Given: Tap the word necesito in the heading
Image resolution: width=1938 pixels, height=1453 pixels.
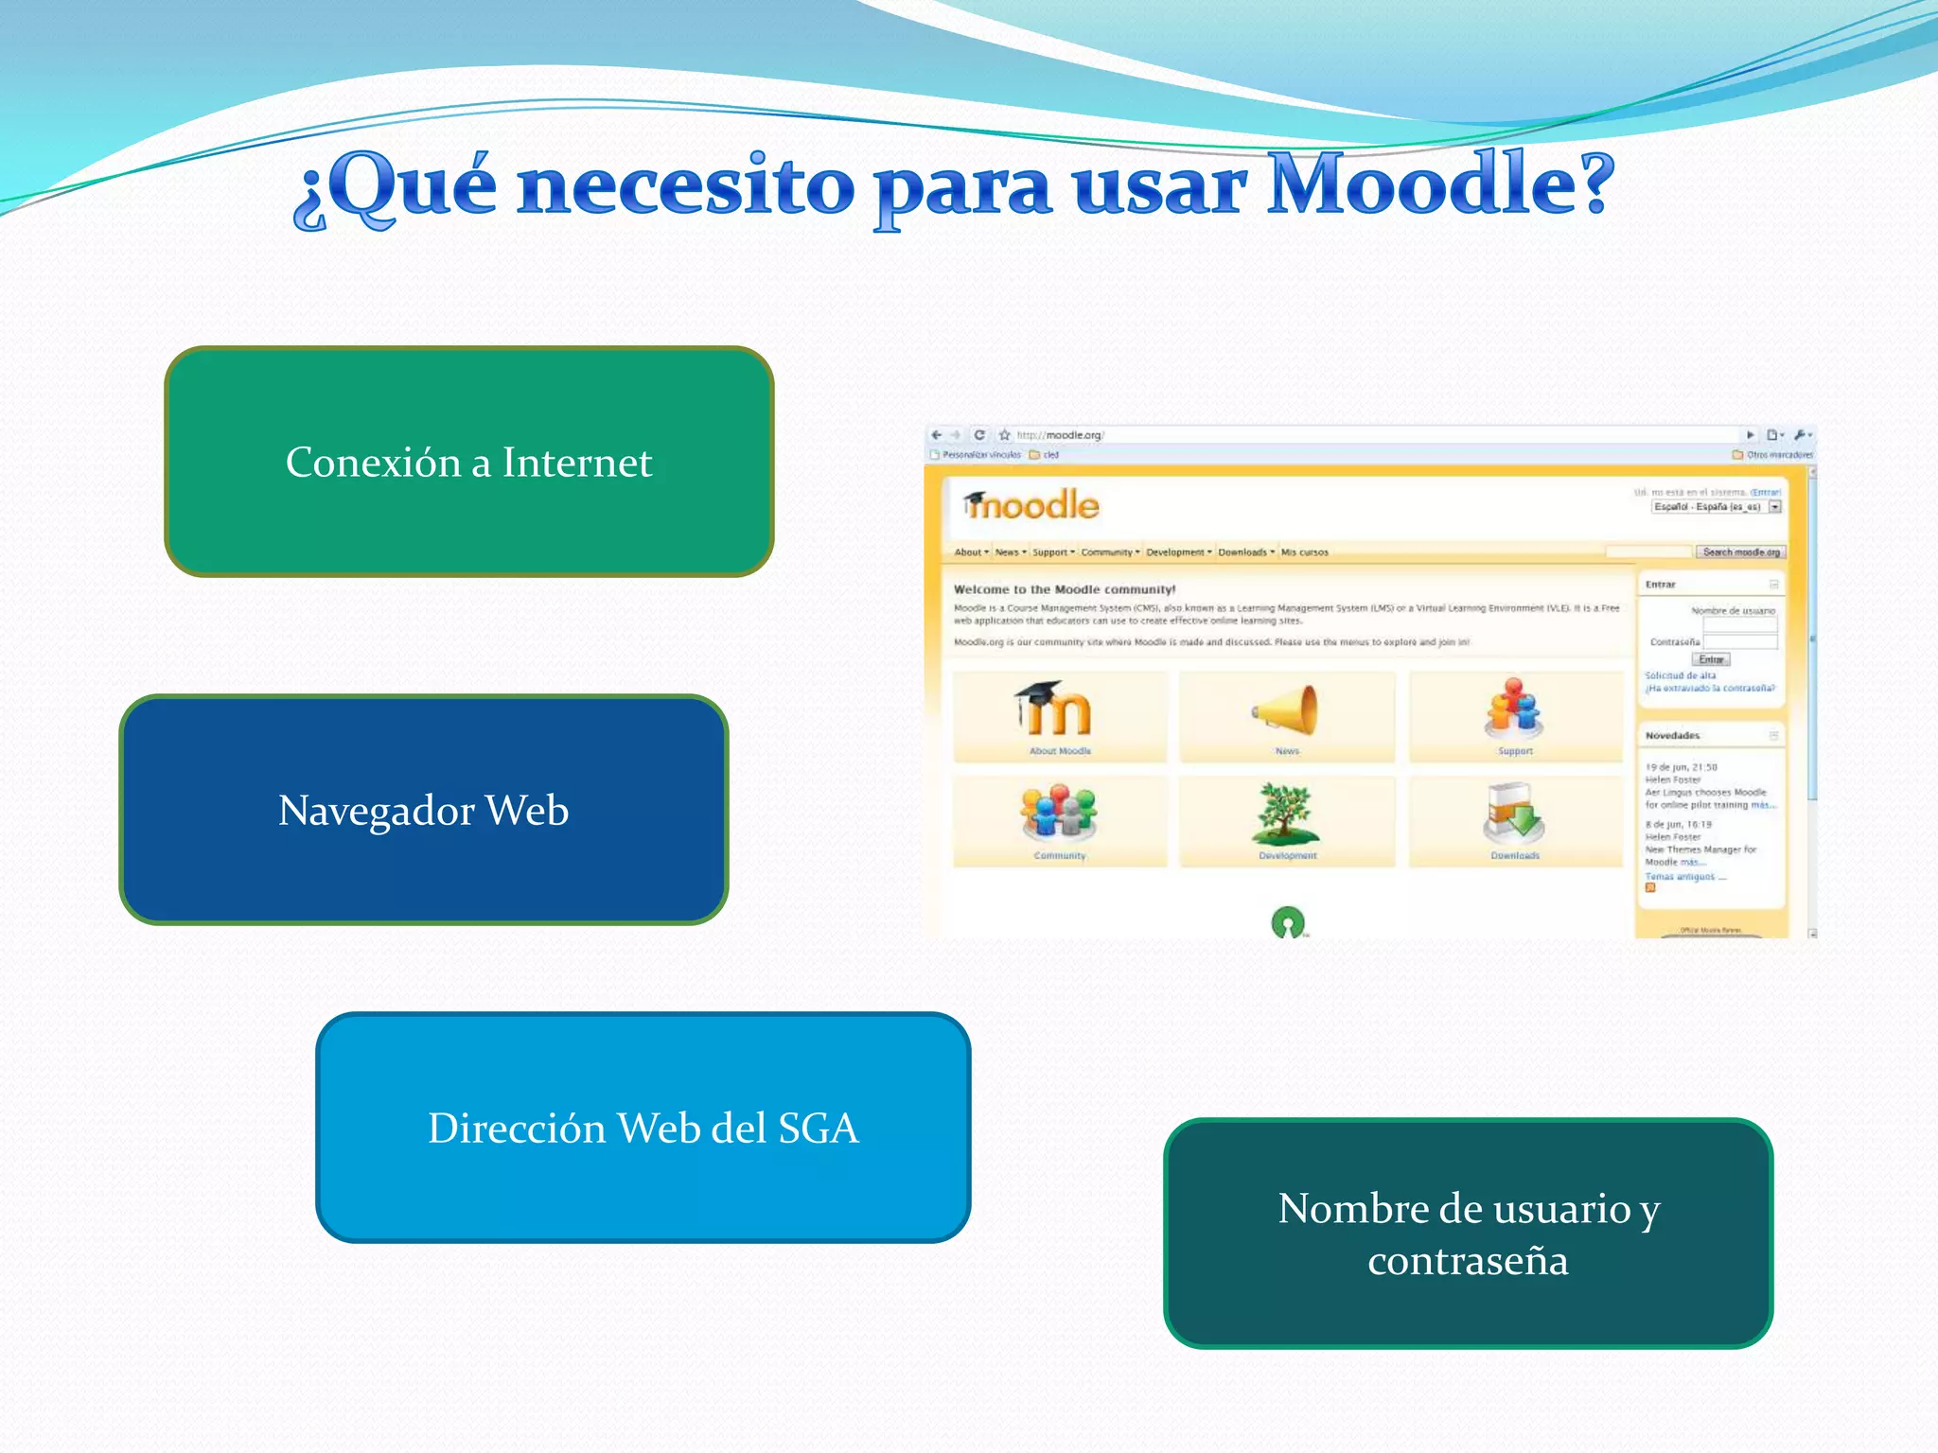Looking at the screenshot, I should (x=686, y=187).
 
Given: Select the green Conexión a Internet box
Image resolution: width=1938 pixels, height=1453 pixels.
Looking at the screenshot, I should (x=469, y=462).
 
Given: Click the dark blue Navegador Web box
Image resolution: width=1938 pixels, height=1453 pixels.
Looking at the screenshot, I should (x=424, y=810).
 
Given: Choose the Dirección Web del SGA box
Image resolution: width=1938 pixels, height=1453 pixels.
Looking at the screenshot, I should (x=643, y=1128).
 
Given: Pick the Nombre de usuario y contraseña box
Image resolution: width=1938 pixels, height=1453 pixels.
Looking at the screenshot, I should (x=1468, y=1234).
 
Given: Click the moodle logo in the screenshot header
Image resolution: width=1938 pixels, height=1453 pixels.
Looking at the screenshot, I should (x=1031, y=505).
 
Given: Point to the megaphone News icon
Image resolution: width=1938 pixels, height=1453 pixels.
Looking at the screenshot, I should (x=1287, y=711).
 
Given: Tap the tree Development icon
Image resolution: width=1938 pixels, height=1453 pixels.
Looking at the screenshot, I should (x=1286, y=814).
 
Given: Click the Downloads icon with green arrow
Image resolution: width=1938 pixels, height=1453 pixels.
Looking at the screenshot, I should (x=1514, y=814).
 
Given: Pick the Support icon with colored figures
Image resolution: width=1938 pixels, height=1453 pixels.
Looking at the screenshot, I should (x=1514, y=709).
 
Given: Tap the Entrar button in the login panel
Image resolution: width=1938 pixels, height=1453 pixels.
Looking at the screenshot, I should (x=1711, y=659).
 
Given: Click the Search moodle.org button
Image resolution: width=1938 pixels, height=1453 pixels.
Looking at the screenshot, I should (x=1741, y=552).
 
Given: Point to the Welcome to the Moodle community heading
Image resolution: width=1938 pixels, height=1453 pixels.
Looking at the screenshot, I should (x=1065, y=589).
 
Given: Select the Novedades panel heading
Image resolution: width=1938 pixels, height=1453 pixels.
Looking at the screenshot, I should (x=1672, y=735).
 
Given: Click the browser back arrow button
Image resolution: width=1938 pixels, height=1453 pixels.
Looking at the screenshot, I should (x=936, y=435).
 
